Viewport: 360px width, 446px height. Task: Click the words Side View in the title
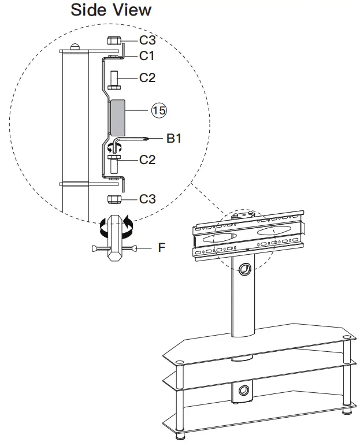coord(111,10)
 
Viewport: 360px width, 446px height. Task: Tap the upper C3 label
coord(147,41)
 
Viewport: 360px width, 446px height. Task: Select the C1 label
coord(147,56)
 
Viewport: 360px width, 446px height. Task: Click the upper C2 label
coord(147,77)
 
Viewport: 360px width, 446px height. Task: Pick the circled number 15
coord(158,110)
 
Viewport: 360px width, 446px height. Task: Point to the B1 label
coord(175,138)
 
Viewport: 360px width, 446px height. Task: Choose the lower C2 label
coord(147,159)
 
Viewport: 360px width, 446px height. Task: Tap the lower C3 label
coord(147,199)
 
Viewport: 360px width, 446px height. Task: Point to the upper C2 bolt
coord(114,77)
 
